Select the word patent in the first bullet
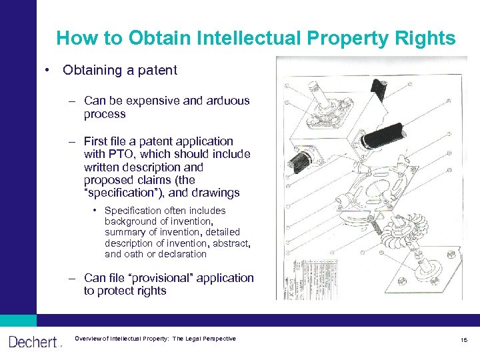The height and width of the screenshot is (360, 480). (x=157, y=70)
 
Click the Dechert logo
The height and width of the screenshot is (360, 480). (x=34, y=342)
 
